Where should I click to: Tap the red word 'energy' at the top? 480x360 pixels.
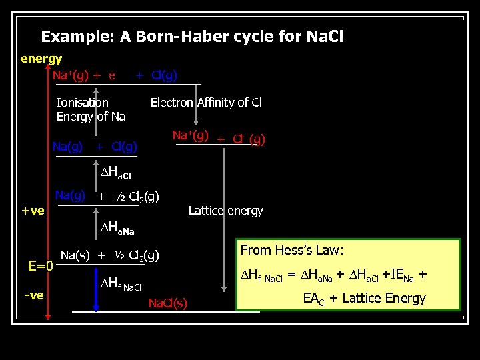pyautogui.click(x=41, y=59)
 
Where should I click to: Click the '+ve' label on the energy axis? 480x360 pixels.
pyautogui.click(x=33, y=211)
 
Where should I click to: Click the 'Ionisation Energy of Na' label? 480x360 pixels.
pyautogui.click(x=91, y=109)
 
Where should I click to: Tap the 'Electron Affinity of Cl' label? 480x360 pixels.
pyautogui.click(x=206, y=102)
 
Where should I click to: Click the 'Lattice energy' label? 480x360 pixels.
pyautogui.click(x=225, y=211)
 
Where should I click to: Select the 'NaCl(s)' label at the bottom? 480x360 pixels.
pyautogui.click(x=168, y=303)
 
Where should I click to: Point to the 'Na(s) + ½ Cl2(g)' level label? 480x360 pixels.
pyautogui.click(x=109, y=255)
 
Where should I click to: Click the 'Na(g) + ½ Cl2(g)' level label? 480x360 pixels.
pyautogui.click(x=107, y=196)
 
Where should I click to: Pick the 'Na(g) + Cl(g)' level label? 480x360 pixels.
pyautogui.click(x=95, y=146)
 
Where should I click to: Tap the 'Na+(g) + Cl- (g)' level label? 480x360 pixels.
pyautogui.click(x=219, y=138)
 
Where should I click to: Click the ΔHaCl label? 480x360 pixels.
pyautogui.click(x=116, y=175)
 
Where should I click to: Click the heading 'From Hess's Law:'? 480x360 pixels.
pyautogui.click(x=292, y=251)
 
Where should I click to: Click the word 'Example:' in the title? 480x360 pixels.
pyautogui.click(x=77, y=37)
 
